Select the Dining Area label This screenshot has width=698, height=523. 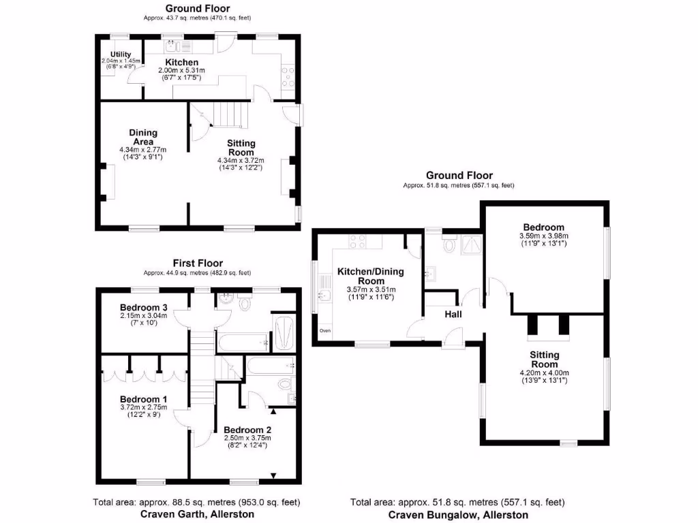click(143, 137)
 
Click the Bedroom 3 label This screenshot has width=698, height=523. click(143, 306)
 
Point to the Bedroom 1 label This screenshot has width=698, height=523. click(143, 399)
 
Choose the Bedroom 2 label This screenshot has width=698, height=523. click(249, 430)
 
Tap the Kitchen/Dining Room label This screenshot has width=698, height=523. click(371, 276)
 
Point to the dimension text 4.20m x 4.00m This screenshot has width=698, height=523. click(544, 373)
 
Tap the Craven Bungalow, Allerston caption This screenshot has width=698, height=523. click(457, 516)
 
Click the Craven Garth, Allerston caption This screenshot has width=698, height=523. click(197, 514)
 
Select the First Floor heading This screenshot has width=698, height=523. click(197, 263)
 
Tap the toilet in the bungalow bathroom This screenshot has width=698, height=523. click(449, 245)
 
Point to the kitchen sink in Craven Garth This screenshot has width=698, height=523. click(171, 48)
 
